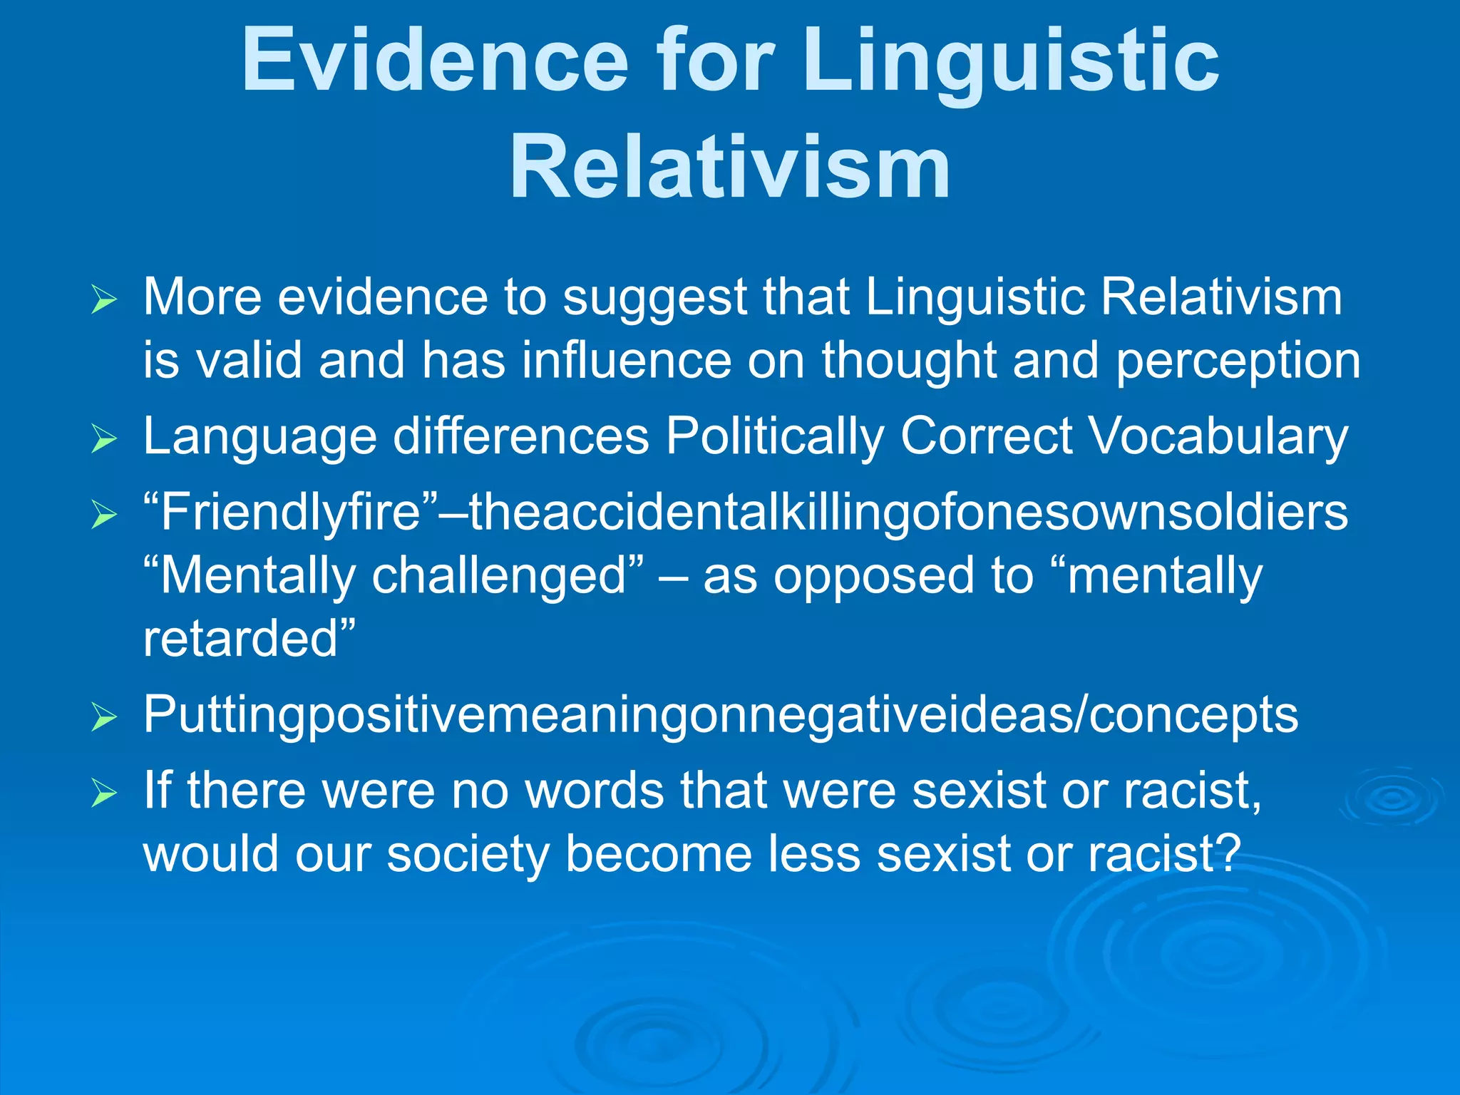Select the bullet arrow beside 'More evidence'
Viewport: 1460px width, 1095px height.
coord(104,300)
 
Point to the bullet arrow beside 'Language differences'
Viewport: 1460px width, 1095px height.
coord(104,439)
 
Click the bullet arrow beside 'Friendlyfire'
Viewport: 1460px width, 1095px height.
coord(104,515)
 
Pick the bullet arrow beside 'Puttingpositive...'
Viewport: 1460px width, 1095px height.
coord(104,718)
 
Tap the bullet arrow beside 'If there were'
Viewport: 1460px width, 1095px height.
coord(104,793)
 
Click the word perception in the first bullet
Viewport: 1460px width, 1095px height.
coord(1238,361)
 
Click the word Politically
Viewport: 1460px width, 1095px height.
coord(774,436)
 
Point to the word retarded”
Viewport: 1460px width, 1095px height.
coord(249,638)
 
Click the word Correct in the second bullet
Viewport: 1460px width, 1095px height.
coord(986,436)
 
